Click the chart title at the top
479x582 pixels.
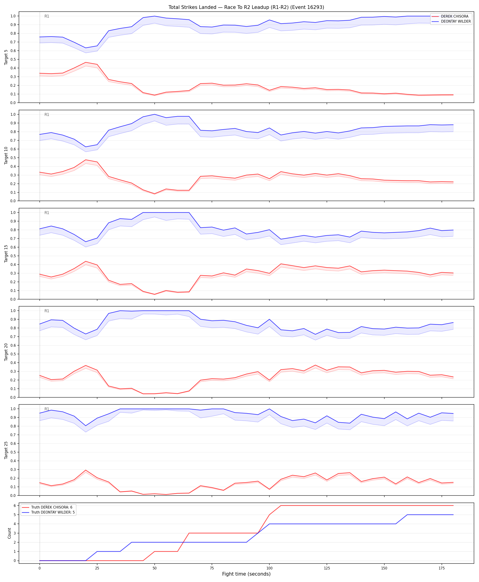coord(246,7)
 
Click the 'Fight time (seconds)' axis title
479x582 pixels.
coord(246,574)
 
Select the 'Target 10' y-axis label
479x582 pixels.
coord(6,155)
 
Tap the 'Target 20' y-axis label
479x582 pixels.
coord(6,352)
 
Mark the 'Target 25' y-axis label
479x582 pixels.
coord(6,450)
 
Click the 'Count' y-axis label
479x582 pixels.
coord(9,533)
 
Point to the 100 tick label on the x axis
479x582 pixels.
coord(269,568)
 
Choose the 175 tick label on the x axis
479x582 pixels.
coord(442,568)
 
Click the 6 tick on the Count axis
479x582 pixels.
coord(14,506)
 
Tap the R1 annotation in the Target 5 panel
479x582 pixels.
coord(47,16)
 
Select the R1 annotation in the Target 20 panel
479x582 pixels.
coord(47,311)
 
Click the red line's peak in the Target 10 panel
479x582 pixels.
coord(86,160)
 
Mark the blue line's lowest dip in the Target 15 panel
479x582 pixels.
coord(86,242)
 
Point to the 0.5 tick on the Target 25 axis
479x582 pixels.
coord(13,452)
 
